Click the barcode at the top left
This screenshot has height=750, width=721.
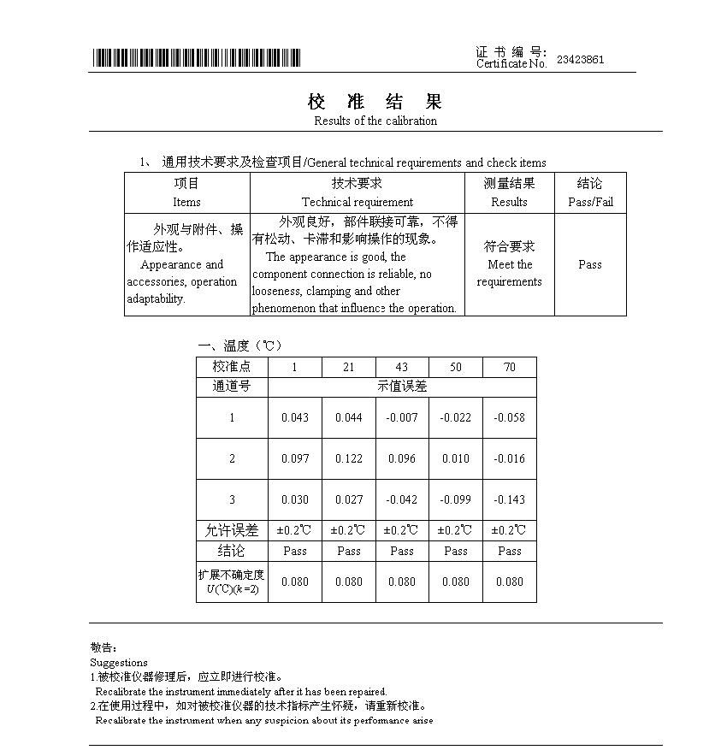coord(197,57)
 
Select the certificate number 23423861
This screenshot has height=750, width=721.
coord(580,60)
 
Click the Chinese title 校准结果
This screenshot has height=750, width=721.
coord(375,102)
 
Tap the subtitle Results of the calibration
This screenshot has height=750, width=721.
coord(375,121)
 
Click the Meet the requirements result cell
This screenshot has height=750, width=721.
coord(509,264)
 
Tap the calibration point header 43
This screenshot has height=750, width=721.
coord(402,367)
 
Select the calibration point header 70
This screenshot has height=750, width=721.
coord(510,367)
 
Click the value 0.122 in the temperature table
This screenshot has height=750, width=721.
coord(349,458)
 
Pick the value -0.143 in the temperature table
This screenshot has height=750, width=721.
coord(510,499)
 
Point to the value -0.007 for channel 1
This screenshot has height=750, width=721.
coord(402,417)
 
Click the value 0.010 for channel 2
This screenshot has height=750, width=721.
coord(456,458)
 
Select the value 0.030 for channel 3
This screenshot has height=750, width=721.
coord(295,499)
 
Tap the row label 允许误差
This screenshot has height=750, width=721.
coord(232,530)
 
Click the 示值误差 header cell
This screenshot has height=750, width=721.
coord(402,386)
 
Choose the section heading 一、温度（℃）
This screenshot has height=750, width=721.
coord(239,345)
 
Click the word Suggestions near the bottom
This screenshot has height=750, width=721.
coord(119,662)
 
